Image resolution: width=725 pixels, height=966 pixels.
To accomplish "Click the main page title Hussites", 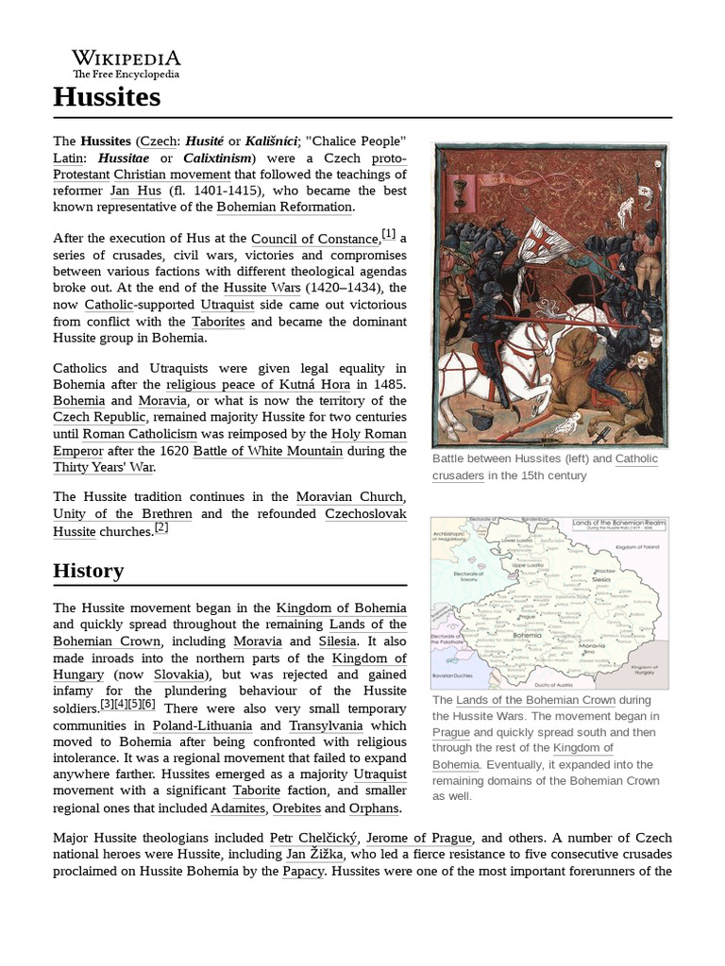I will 107,97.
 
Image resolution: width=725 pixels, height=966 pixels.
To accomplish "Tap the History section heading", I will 89,571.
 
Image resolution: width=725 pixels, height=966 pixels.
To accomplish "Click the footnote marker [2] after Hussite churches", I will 161,528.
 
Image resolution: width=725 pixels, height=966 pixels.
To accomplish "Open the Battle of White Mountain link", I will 267,451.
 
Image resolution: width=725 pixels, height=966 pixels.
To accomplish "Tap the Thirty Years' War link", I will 103,467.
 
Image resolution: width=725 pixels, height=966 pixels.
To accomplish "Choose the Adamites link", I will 237,808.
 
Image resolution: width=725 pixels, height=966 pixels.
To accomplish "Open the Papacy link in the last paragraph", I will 303,872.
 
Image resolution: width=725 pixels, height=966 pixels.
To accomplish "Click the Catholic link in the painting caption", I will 637,458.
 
